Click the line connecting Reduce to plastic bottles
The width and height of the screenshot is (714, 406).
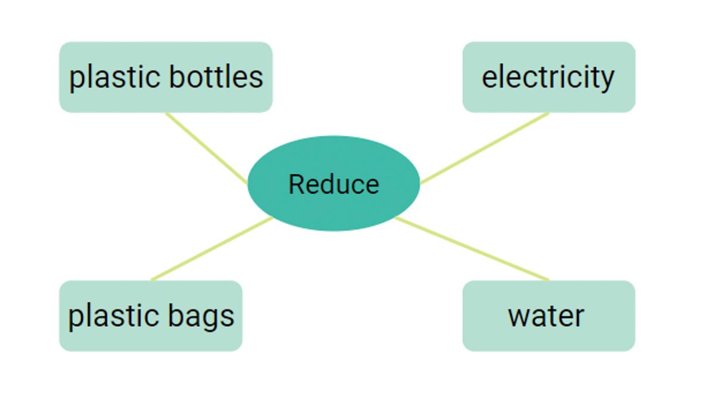(x=206, y=148)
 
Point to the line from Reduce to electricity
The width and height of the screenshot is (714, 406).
(x=484, y=148)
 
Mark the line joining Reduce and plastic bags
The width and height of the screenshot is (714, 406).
(x=211, y=249)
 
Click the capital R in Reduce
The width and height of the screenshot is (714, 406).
(x=295, y=185)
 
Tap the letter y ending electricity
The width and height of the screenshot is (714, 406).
(x=607, y=80)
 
